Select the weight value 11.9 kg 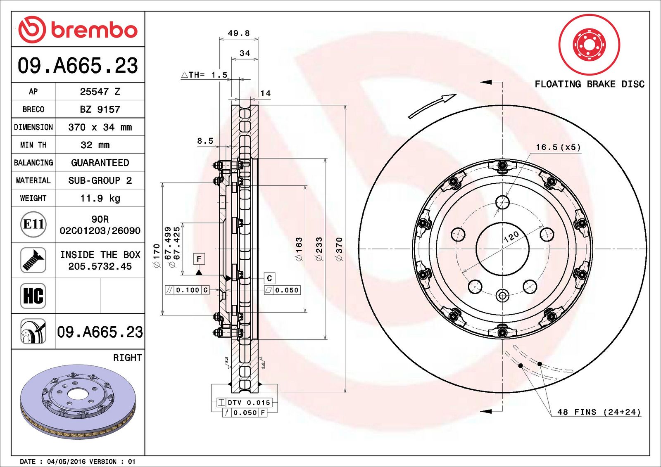100,198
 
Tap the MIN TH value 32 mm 95,145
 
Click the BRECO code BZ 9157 100,109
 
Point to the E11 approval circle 33,225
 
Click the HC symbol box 33,296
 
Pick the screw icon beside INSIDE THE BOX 33,260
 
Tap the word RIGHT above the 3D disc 128,358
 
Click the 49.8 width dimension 238,33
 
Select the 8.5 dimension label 205,141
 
